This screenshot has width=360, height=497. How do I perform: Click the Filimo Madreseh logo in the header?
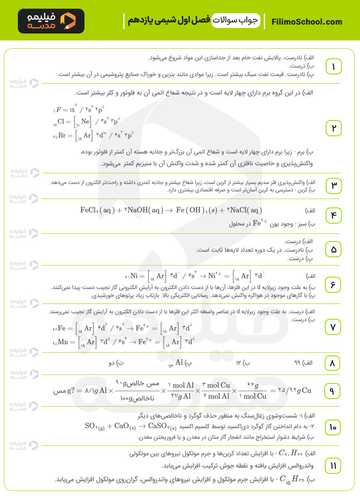coord(51,21)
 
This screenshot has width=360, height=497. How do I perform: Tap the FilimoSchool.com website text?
coord(306,22)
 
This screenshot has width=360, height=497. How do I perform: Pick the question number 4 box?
coord(333,215)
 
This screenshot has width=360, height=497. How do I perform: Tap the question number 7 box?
coord(333,327)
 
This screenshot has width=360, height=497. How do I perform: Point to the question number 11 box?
coord(333,466)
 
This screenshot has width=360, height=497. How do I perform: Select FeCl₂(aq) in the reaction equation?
coord(97,210)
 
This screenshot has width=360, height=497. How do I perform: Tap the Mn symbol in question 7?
coord(65,342)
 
